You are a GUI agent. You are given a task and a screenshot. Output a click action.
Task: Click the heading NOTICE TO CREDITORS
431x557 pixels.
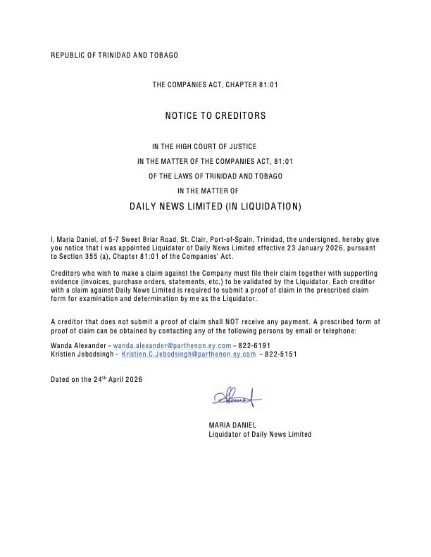coord(216,115)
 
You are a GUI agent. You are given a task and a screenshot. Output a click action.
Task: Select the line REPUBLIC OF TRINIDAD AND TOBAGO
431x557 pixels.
coord(115,55)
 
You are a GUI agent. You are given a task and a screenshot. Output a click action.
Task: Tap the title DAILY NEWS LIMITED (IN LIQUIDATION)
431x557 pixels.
coord(216,207)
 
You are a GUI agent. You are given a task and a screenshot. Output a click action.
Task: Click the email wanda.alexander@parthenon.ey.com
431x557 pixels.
coord(172,346)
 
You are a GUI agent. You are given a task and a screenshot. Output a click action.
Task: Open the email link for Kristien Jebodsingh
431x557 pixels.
coord(194,354)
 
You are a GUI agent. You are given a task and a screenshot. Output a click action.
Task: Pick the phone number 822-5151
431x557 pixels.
coord(281,354)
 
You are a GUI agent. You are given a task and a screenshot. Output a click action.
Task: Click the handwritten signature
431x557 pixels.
coord(235,398)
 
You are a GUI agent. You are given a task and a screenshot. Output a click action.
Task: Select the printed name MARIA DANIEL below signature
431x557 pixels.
coord(232,425)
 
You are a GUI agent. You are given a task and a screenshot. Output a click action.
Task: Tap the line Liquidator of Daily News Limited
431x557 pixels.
coord(260,434)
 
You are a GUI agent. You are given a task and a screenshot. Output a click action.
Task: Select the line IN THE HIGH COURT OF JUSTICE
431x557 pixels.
coord(216,147)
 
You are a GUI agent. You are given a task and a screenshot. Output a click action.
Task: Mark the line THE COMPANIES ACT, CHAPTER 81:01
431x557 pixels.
coord(216,85)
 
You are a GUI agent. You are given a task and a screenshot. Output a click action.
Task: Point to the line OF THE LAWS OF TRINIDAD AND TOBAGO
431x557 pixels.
coord(216,176)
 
